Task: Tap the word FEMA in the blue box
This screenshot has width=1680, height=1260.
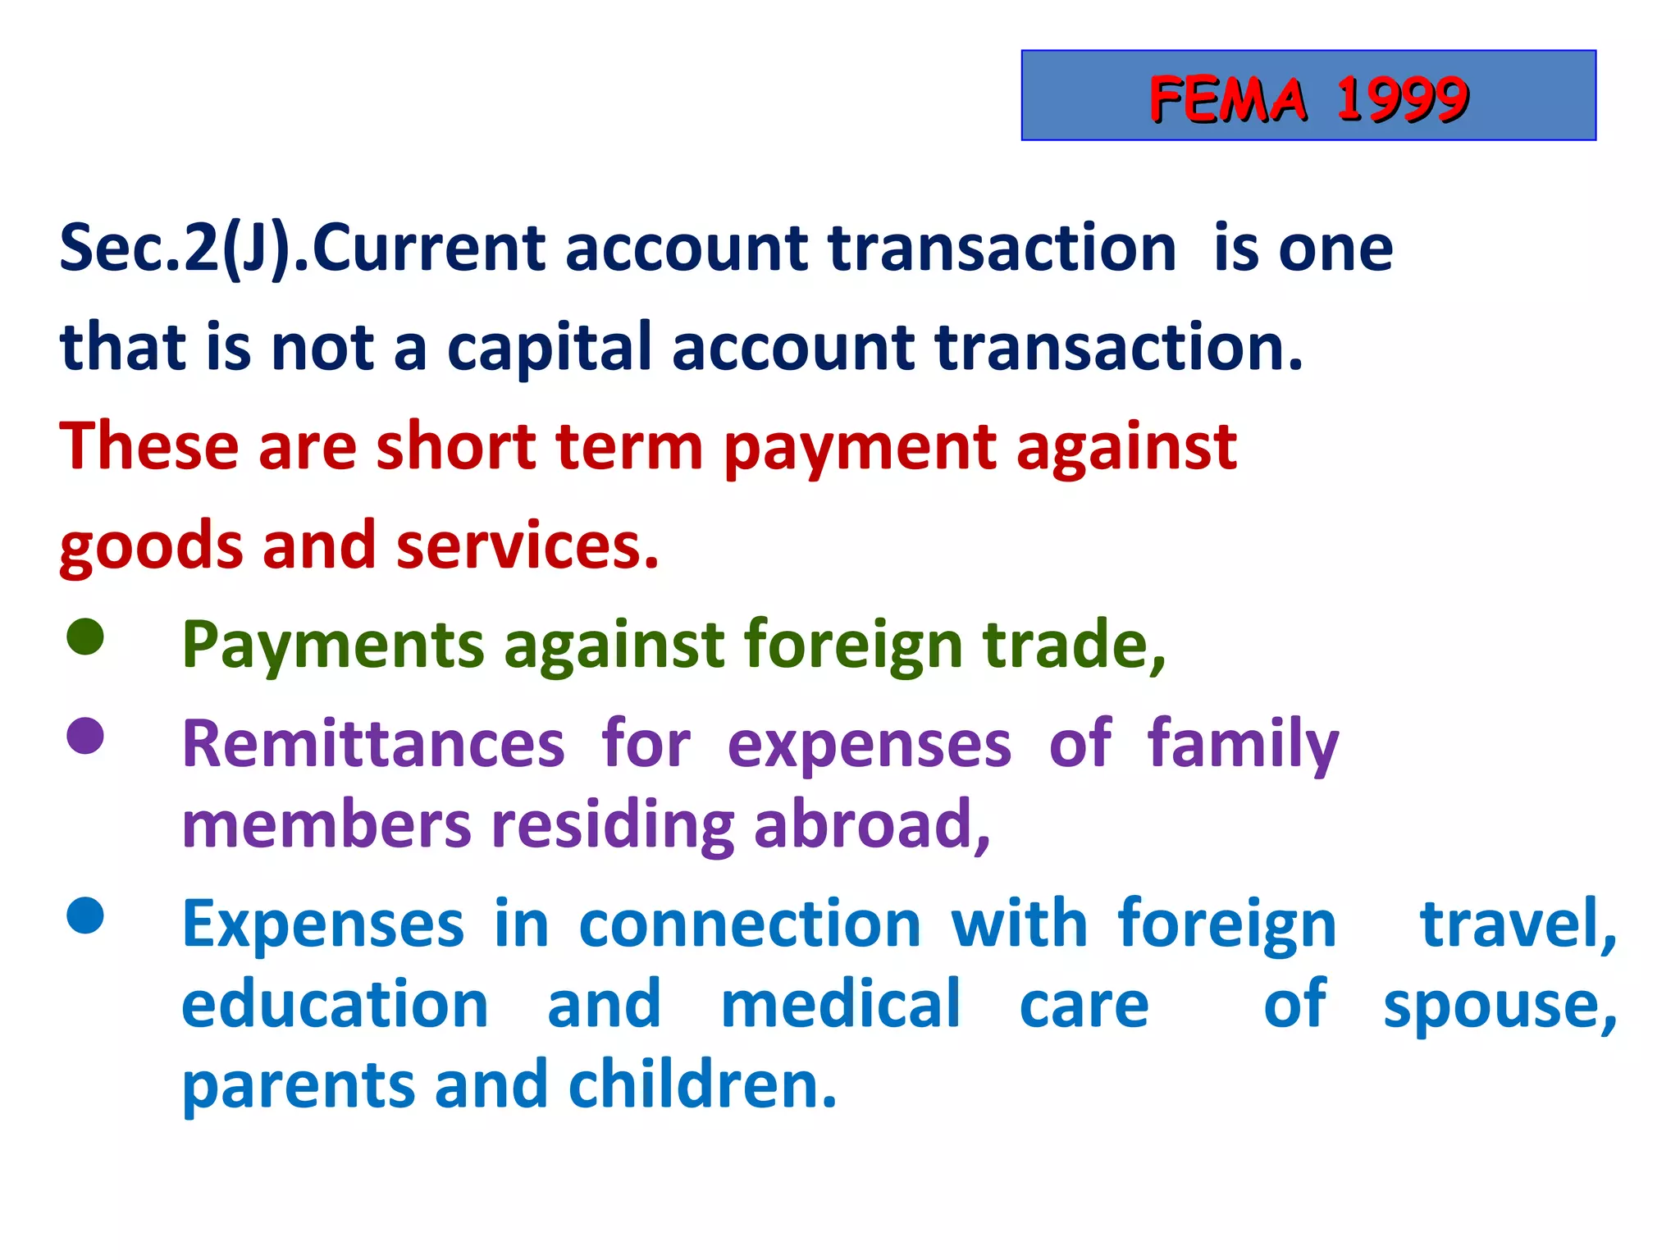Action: (x=1227, y=99)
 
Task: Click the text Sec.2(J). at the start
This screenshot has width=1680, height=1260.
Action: (x=185, y=248)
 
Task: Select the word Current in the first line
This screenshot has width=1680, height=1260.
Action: (x=428, y=248)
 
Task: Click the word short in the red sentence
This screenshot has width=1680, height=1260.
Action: (x=455, y=446)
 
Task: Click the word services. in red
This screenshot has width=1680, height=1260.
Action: (x=527, y=546)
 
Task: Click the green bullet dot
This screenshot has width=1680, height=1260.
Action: (x=85, y=637)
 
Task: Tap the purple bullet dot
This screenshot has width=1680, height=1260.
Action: (x=85, y=736)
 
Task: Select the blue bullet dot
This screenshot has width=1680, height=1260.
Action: (x=85, y=915)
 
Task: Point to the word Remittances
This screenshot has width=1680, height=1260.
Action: (x=373, y=744)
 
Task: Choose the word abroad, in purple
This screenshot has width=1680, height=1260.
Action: (x=872, y=825)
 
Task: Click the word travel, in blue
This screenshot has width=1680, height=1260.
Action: (x=1518, y=924)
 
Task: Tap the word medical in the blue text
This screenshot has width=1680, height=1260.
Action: (x=840, y=1004)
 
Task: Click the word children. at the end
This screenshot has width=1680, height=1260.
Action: (x=702, y=1084)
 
